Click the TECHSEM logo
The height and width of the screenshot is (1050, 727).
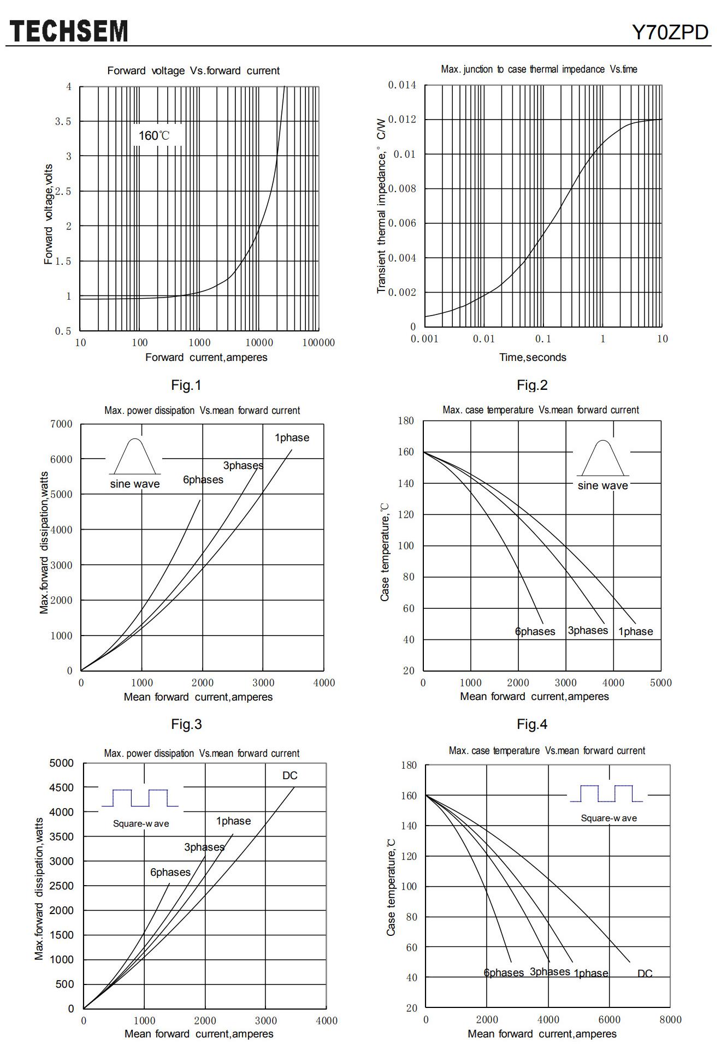tap(69, 31)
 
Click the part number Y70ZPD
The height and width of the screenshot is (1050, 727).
tap(670, 33)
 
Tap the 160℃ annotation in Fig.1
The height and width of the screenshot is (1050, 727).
tap(154, 135)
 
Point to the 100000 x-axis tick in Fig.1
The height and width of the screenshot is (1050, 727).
tap(318, 343)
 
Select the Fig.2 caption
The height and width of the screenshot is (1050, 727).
tap(532, 385)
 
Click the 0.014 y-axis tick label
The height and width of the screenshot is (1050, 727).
tap(402, 85)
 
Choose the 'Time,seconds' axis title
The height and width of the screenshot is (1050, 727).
tap(533, 358)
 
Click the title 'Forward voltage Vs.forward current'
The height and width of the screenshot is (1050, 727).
tap(193, 70)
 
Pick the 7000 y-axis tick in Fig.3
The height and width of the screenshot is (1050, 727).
tap(62, 424)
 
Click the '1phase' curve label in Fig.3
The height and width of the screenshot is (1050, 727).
tap(292, 437)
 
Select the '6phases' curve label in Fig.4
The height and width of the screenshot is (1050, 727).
tap(535, 632)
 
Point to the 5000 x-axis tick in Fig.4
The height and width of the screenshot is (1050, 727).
tap(660, 683)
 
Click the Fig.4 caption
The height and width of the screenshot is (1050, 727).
tap(532, 724)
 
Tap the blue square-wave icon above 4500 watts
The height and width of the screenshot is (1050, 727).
tap(140, 798)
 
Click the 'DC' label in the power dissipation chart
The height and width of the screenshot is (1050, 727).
tap(290, 775)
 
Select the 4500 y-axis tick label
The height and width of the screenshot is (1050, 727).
tap(62, 787)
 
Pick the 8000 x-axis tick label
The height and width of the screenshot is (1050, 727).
tap(670, 1019)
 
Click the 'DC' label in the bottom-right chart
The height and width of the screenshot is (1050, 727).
tap(645, 973)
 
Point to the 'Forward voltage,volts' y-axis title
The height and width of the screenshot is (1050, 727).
tap(49, 214)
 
